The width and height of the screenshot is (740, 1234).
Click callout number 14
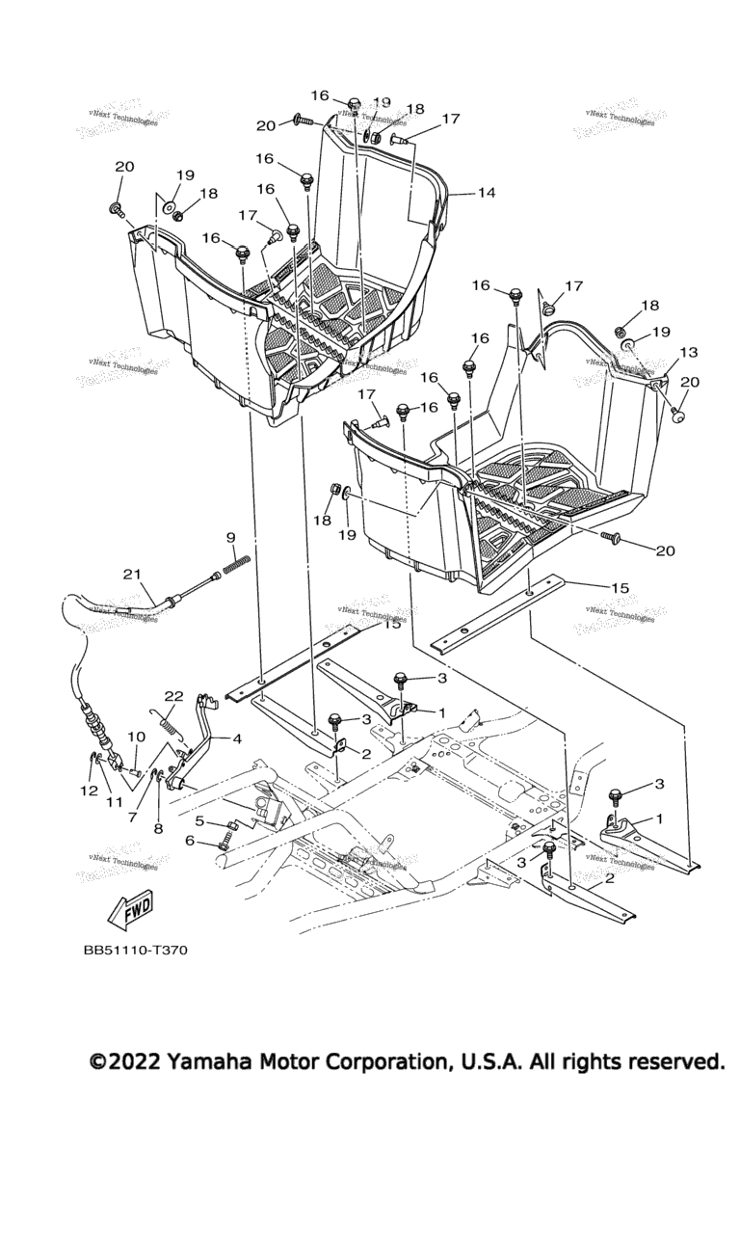tap(486, 193)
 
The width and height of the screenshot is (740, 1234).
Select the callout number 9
tap(230, 537)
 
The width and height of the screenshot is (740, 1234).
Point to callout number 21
tap(132, 575)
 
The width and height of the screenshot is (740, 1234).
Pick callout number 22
tap(173, 696)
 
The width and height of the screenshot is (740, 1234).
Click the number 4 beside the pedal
tap(235, 740)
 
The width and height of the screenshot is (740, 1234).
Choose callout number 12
tap(89, 791)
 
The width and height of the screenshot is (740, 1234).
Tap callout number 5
tap(199, 821)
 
